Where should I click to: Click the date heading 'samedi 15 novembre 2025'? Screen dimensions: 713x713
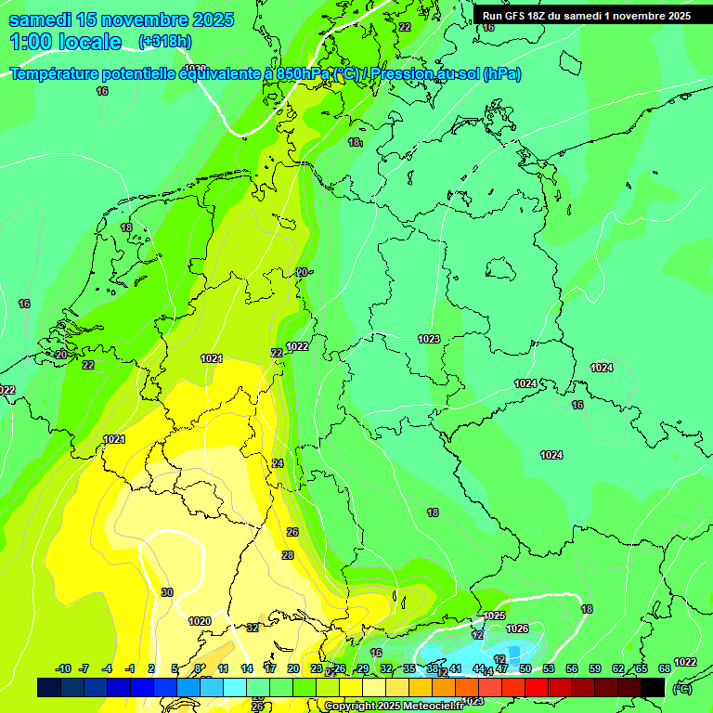click(121, 19)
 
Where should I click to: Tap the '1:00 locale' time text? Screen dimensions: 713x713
click(65, 42)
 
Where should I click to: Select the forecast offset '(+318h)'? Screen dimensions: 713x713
click(164, 42)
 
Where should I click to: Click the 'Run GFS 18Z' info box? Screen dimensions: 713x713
click(586, 16)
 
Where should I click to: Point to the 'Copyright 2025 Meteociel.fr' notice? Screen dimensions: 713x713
click(393, 707)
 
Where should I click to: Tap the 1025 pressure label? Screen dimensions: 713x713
click(494, 616)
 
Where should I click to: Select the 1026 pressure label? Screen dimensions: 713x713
click(517, 629)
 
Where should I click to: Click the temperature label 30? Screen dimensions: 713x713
click(167, 592)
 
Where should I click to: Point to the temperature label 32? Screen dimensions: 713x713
click(253, 628)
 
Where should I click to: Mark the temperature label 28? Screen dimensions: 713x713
click(288, 555)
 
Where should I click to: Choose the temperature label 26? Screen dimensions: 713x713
click(292, 532)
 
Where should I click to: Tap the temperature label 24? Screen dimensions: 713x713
click(278, 463)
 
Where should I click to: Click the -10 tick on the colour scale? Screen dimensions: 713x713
click(64, 668)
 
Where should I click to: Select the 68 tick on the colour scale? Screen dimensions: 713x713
click(665, 668)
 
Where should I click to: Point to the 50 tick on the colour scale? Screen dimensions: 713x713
click(525, 668)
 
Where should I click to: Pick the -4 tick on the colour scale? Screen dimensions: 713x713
click(107, 668)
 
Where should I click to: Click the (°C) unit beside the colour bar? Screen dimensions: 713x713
click(681, 688)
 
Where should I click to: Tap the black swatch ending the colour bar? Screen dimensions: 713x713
click(653, 687)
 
